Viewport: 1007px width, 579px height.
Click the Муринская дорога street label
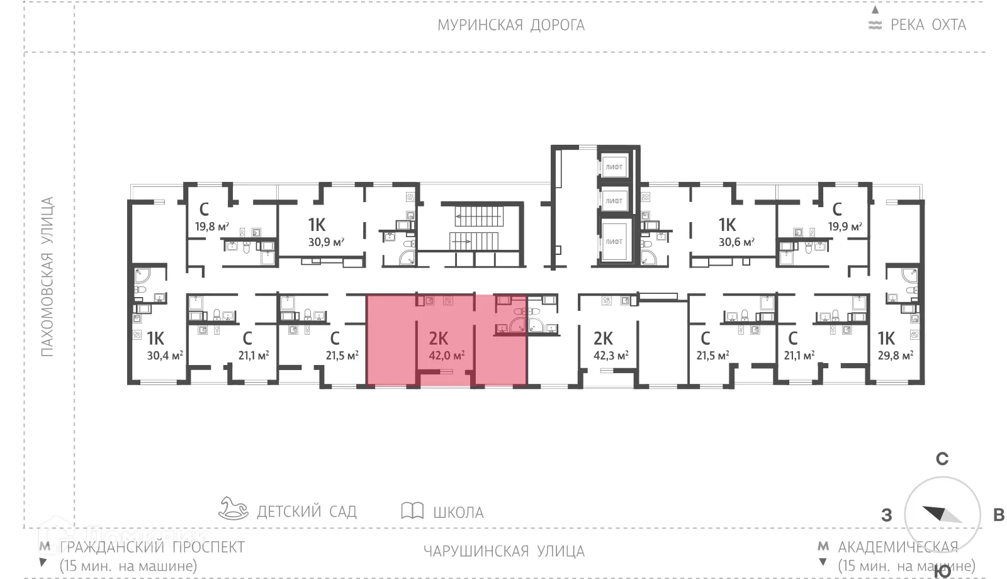point(511,25)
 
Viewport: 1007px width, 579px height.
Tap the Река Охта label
point(927,25)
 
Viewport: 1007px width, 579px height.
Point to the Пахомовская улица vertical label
point(48,277)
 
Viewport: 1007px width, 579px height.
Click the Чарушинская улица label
point(503,551)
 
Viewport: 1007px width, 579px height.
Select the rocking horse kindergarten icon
point(233,508)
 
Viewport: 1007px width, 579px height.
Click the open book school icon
point(412,510)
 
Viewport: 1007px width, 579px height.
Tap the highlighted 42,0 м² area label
point(446,356)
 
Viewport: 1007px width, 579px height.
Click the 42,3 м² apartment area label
point(610,356)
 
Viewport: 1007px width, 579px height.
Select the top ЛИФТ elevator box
point(614,167)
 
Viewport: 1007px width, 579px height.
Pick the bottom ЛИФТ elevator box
point(614,241)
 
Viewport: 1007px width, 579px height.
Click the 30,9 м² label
point(326,242)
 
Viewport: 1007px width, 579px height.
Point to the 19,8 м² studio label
point(211,227)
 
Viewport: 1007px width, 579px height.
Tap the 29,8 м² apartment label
point(895,356)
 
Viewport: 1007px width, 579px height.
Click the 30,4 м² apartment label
point(164,356)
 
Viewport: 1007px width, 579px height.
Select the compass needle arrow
point(942,514)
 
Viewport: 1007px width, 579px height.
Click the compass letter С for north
point(942,459)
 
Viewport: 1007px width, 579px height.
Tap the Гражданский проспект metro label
point(152,547)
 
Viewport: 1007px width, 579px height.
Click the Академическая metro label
point(897,547)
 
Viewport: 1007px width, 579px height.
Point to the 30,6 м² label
point(736,242)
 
